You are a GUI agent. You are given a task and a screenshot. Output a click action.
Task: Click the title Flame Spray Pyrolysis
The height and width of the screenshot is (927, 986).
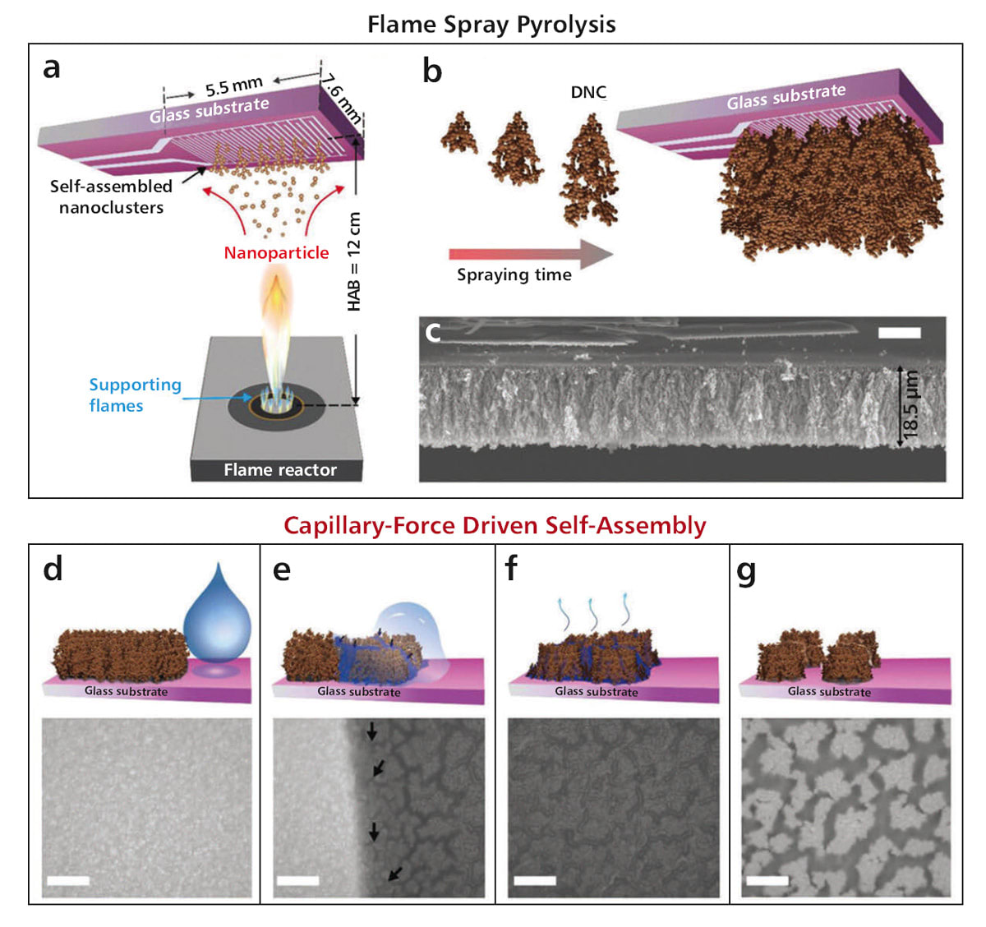point(491,25)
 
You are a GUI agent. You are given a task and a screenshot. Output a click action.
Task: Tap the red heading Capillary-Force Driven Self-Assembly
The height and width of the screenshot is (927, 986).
point(495,525)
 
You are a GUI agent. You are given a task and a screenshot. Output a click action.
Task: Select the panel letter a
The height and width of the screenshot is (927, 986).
point(52,68)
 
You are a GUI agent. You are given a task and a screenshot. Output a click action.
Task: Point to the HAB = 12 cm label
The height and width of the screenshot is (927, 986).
point(354,261)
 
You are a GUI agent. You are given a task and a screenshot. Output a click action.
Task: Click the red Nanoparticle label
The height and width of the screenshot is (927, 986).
point(276,253)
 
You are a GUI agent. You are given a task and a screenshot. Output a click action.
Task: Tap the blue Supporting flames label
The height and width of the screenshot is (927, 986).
point(135,395)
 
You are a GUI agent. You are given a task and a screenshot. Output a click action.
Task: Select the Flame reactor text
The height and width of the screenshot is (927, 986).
point(280,470)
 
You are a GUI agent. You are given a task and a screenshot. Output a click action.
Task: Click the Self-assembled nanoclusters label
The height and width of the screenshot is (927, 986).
point(111,197)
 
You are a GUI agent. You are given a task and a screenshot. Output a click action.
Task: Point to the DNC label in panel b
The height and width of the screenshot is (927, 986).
point(588,92)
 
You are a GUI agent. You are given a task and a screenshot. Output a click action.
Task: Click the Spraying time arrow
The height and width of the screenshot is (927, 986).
point(531,253)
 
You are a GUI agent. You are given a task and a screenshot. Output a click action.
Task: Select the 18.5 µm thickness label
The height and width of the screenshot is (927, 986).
point(911,405)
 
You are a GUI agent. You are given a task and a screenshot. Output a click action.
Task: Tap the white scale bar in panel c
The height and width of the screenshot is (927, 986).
point(899,333)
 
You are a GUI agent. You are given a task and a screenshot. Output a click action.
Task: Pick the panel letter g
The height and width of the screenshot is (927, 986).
point(746,570)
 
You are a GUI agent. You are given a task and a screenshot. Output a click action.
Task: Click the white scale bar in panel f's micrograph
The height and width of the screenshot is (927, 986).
point(535,881)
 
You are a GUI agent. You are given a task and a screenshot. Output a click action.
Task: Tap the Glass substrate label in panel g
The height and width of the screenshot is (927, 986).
point(829,692)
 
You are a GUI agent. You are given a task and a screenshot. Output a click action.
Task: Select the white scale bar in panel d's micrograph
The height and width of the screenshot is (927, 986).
point(68,881)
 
